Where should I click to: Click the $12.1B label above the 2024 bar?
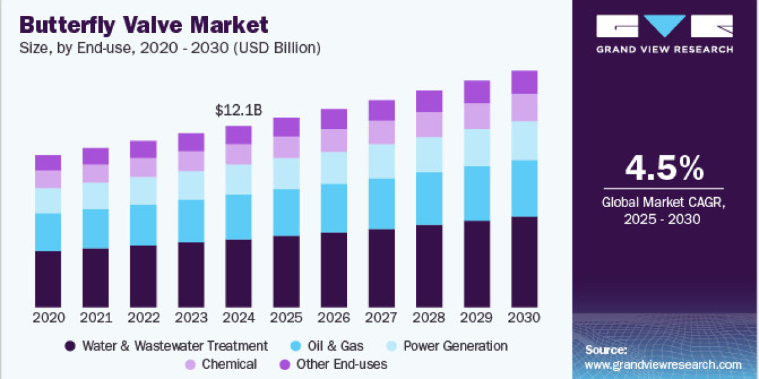(x=238, y=111)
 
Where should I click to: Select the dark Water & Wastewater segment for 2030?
(x=524, y=262)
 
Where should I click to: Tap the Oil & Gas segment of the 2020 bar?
(x=48, y=232)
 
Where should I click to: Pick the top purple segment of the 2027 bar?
(x=381, y=111)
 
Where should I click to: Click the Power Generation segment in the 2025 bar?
(x=286, y=173)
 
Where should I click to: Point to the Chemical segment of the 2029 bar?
(x=477, y=116)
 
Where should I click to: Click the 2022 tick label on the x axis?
(x=143, y=318)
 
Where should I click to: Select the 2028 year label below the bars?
(x=429, y=318)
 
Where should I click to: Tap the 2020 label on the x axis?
(x=48, y=318)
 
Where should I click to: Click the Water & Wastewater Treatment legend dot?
(x=70, y=346)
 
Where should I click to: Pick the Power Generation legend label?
(x=455, y=346)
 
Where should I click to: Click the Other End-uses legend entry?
(x=342, y=364)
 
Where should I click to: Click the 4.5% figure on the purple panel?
(x=664, y=169)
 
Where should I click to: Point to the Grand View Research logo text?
(x=664, y=49)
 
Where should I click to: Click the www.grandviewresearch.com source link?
(x=663, y=365)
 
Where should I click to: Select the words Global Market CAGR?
(x=664, y=203)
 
